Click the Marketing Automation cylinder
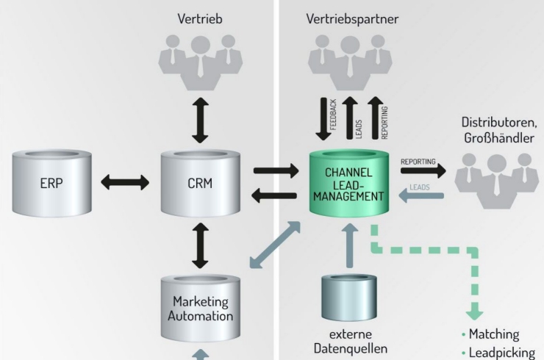click(201, 309)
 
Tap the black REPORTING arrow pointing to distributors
click(423, 170)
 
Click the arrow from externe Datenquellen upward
click(350, 246)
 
